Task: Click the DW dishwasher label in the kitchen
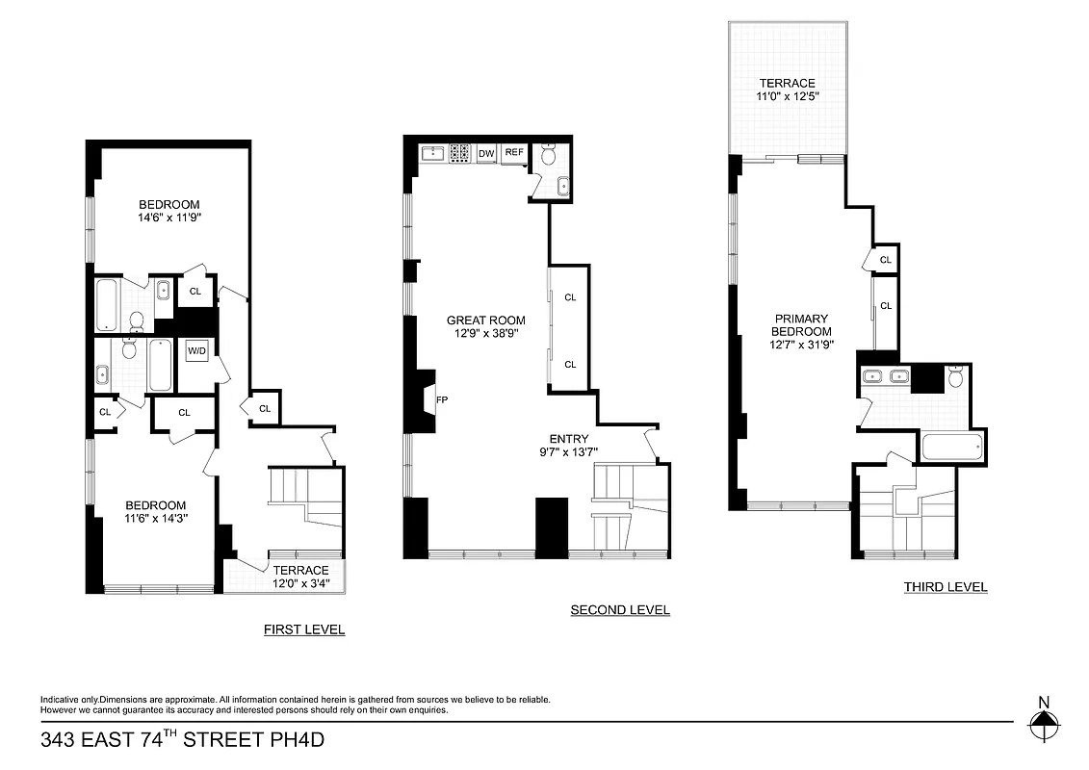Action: (486, 152)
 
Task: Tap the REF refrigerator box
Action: (514, 152)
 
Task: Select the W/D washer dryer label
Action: (196, 351)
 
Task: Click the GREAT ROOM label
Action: (486, 321)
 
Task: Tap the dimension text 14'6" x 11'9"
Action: (169, 218)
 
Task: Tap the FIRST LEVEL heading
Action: (304, 629)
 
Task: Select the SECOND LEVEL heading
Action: (620, 609)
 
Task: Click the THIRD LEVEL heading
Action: (946, 586)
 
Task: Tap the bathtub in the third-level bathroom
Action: (952, 447)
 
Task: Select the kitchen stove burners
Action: (459, 152)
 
